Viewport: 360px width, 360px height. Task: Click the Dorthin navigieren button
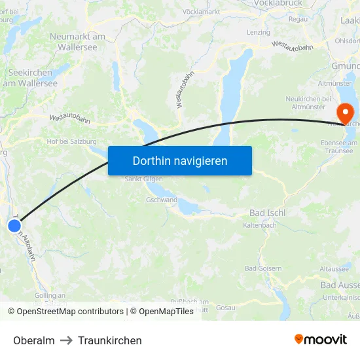(x=180, y=160)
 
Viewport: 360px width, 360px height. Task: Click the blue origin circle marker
(x=14, y=226)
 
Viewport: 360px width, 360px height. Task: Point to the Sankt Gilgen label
(x=143, y=179)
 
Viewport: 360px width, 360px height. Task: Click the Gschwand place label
(x=162, y=200)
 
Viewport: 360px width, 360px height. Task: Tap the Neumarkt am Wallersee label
(x=77, y=42)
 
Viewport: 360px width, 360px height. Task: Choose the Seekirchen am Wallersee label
(x=33, y=78)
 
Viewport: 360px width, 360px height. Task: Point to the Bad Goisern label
(x=263, y=268)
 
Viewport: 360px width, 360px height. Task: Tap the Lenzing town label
(x=258, y=32)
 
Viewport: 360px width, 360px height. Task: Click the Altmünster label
(x=334, y=84)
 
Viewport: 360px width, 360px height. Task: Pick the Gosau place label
(x=225, y=308)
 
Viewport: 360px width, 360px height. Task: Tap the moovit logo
(x=320, y=339)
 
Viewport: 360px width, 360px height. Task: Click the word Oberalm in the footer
(x=34, y=340)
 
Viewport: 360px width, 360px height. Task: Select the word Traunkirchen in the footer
(x=110, y=340)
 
